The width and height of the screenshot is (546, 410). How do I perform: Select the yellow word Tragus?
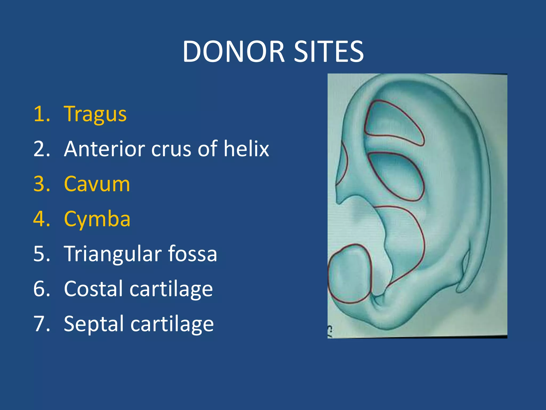95,114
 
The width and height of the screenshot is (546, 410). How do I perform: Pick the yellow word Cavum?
97,184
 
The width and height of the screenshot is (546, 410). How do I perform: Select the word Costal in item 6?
93,289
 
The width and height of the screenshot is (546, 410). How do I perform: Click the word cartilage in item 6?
171,289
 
